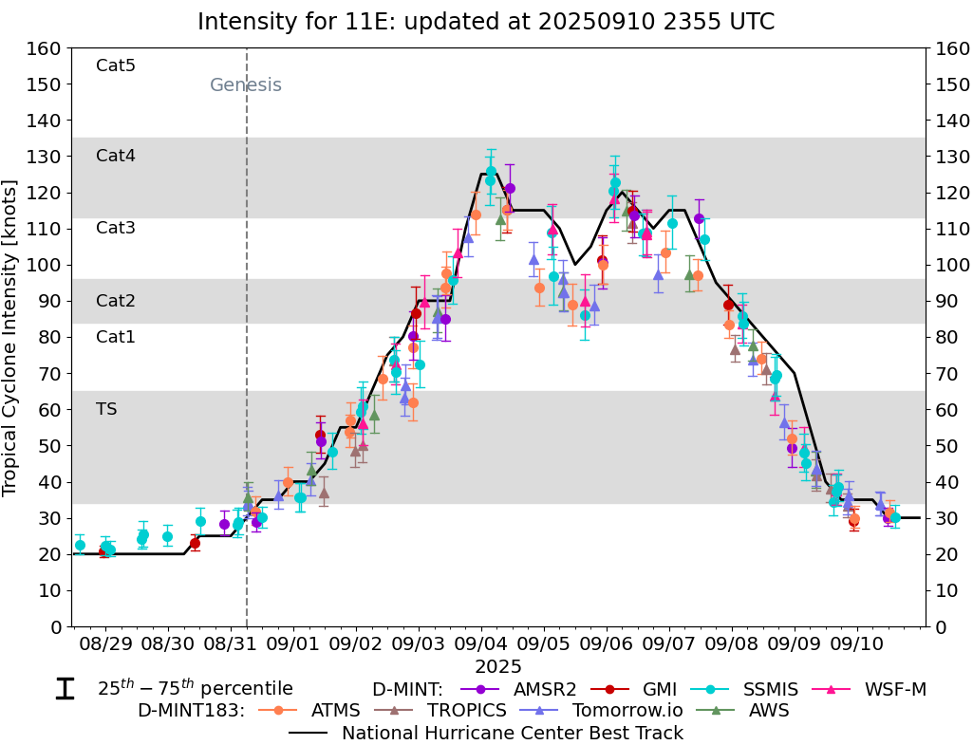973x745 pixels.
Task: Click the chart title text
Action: coord(486,21)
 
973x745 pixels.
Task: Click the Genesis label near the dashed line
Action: coord(246,85)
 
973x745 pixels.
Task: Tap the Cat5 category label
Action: coord(116,65)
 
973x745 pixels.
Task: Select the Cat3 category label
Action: coord(116,228)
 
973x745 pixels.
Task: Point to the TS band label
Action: coord(106,409)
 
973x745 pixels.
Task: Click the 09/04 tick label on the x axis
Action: coord(480,643)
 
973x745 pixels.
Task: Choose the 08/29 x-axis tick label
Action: coord(105,643)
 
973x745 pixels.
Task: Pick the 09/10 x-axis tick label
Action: coord(856,643)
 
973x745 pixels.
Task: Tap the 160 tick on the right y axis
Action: coord(950,48)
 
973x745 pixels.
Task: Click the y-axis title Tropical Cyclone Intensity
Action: coord(11,337)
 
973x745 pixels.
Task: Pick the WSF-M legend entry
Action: coord(894,689)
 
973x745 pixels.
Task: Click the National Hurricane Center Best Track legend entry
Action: coord(513,733)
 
